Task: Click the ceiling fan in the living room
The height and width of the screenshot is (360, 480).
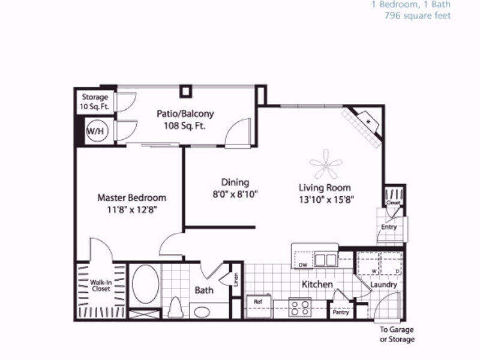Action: click(326, 164)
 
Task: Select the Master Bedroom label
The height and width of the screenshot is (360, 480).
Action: click(131, 198)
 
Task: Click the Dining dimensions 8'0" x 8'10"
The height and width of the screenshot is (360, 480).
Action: click(235, 194)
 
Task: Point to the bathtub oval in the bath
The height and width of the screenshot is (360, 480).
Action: click(145, 284)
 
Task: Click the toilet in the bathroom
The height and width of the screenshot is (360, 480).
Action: click(176, 307)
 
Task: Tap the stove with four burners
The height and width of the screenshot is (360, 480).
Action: click(300, 308)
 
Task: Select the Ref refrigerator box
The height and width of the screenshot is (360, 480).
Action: click(259, 307)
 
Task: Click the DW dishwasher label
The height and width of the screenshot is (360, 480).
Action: click(303, 265)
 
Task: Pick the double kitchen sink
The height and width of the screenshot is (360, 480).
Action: click(326, 260)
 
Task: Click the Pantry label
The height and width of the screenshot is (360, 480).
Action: click(341, 312)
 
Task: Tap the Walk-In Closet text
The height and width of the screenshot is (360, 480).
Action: click(101, 286)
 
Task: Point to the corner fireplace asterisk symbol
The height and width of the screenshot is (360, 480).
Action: click(368, 122)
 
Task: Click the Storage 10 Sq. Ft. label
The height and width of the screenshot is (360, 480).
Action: click(95, 101)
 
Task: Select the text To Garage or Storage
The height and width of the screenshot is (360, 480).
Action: click(397, 334)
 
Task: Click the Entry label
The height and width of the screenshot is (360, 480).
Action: click(389, 227)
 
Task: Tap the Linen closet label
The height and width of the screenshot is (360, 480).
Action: click(236, 280)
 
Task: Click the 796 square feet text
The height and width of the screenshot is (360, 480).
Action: click(418, 16)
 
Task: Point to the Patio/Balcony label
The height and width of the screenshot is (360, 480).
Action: click(185, 113)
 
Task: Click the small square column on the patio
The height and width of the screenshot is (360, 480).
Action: click(185, 91)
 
